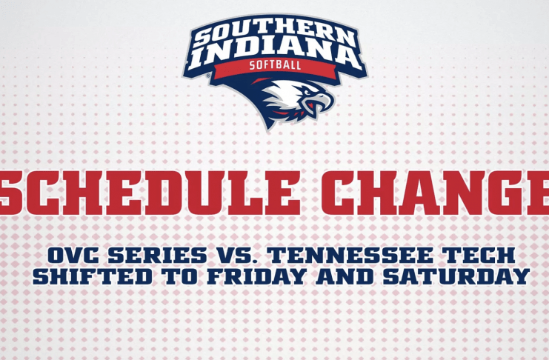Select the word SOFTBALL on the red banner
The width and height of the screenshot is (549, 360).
(x=275, y=65)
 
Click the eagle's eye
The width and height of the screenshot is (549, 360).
(x=307, y=93)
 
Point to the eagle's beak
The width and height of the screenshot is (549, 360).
(x=320, y=101)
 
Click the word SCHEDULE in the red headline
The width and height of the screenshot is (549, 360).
(x=150, y=193)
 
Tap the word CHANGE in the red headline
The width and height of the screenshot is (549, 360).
(x=435, y=193)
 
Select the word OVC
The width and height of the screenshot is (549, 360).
(x=74, y=256)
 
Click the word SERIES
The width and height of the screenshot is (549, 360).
(x=157, y=256)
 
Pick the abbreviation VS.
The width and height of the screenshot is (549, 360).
(x=236, y=256)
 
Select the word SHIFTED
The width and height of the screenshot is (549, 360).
(x=93, y=276)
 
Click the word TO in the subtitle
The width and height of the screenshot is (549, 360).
(x=179, y=276)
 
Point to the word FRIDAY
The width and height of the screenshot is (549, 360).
(x=256, y=276)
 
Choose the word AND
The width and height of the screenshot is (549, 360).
(x=345, y=276)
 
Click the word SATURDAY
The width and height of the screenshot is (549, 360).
(x=456, y=276)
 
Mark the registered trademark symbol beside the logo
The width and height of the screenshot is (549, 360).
(x=208, y=76)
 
